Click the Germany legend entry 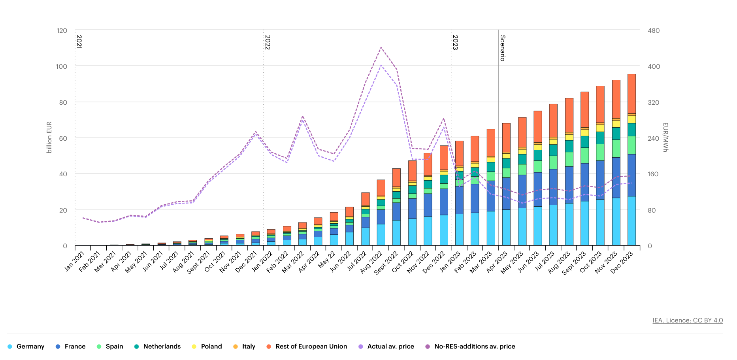click(26, 346)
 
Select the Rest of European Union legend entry click(307, 346)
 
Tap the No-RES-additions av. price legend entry click(470, 346)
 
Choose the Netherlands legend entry click(157, 346)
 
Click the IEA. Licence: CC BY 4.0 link click(688, 320)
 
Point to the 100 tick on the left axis click(62, 66)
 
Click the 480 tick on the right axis click(654, 30)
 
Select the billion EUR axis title click(49, 138)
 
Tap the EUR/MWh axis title click(665, 138)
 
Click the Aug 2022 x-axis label click(372, 262)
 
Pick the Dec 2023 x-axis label click(622, 262)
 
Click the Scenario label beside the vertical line click(503, 48)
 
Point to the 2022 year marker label click(268, 42)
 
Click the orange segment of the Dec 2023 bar click(631, 94)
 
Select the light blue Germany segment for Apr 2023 click(506, 227)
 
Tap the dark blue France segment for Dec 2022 click(444, 202)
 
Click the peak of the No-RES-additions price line click(381, 47)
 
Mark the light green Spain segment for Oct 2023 click(600, 152)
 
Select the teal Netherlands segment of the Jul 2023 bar click(553, 150)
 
